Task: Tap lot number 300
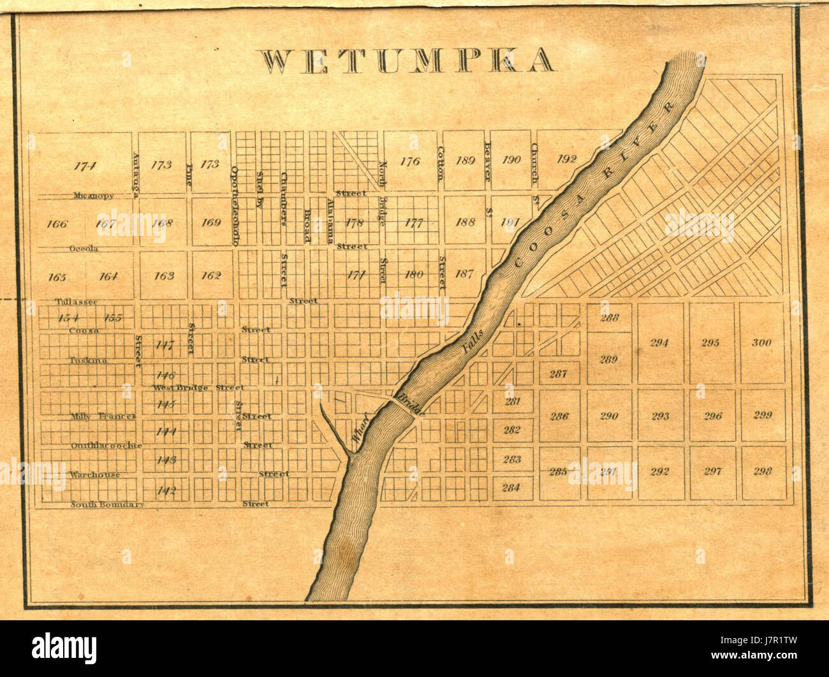tap(761, 342)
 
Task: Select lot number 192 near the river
tap(566, 159)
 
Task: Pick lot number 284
tap(511, 488)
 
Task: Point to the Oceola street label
tap(84, 249)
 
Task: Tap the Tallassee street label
tap(76, 302)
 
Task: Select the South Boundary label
tap(107, 504)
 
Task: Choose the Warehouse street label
tap(95, 475)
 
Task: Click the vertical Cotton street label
tap(441, 164)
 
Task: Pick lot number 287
tap(558, 374)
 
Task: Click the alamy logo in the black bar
tap(64, 649)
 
